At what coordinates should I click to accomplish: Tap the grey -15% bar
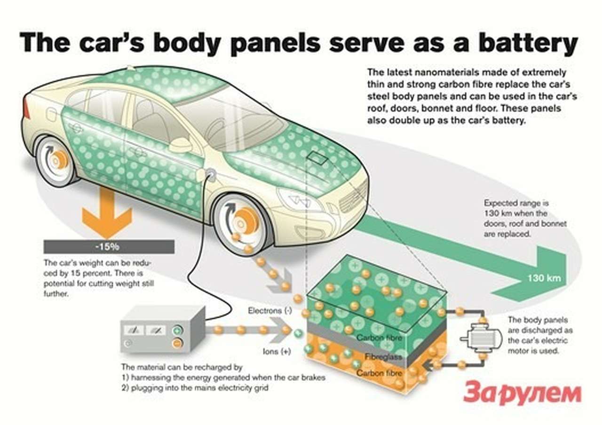pyautogui.click(x=109, y=246)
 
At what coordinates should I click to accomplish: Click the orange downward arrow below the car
pyautogui.click(x=107, y=214)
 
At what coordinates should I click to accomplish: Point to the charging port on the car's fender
pyautogui.click(x=210, y=175)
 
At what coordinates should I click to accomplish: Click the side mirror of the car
pyautogui.click(x=181, y=145)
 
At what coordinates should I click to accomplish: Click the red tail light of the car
pyautogui.click(x=26, y=109)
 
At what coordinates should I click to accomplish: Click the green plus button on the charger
pyautogui.click(x=178, y=330)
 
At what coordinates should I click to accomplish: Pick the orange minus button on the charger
pyautogui.click(x=177, y=343)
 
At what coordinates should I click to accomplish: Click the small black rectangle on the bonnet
pyautogui.click(x=317, y=158)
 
